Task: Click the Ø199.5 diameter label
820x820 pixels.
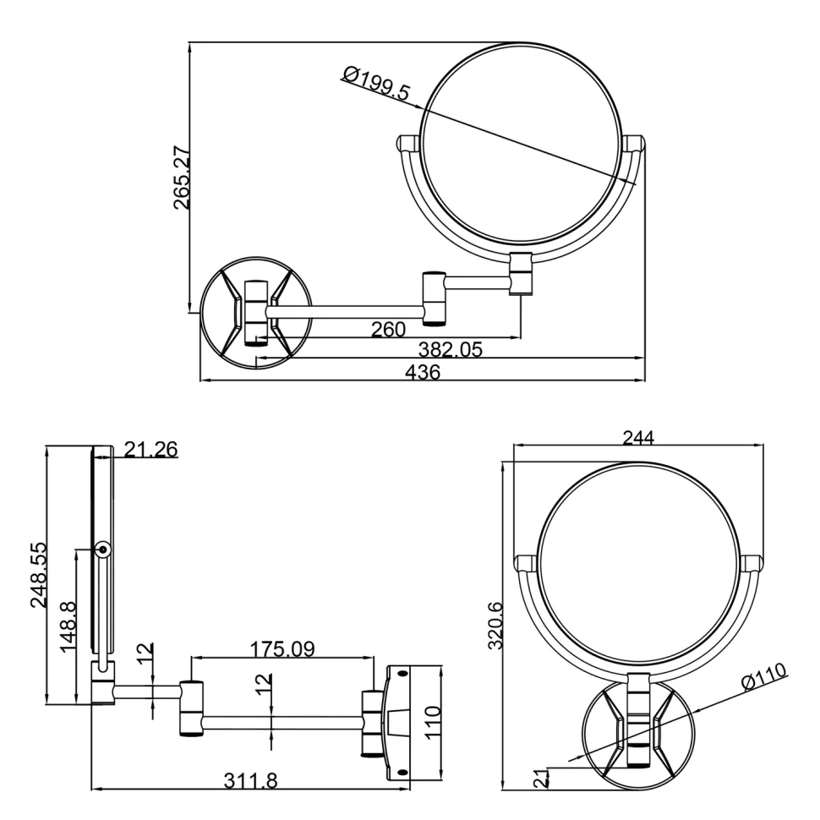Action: coord(376,83)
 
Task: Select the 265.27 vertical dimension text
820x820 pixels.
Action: coord(182,178)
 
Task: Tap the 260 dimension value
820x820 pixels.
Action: coord(389,330)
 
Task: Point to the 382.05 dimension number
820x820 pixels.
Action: coord(451,349)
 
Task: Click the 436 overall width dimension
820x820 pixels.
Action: coord(423,372)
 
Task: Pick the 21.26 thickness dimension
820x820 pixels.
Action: coord(151,449)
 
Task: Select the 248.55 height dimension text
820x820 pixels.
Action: coord(39,575)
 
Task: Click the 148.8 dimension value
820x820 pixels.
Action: coord(68,627)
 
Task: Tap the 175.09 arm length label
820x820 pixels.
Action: coord(282,649)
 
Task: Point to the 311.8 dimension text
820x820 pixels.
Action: coord(251,781)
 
